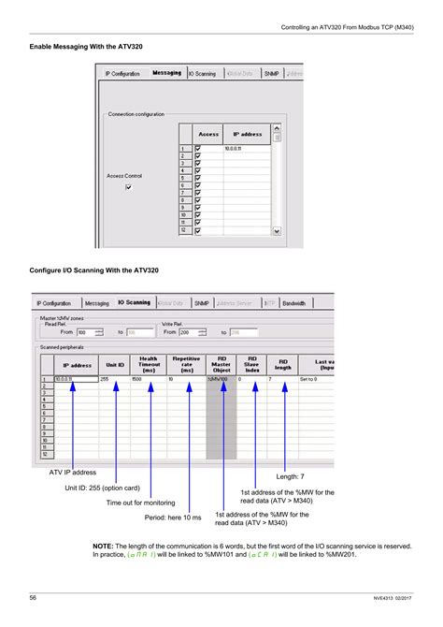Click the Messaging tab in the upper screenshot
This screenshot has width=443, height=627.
[x=166, y=72]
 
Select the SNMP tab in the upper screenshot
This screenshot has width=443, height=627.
[x=271, y=72]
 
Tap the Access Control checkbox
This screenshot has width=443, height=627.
[x=129, y=187]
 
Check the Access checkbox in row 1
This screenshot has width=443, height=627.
[x=198, y=148]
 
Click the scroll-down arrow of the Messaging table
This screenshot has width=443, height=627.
[x=277, y=229]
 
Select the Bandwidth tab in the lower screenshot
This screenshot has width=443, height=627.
[x=294, y=303]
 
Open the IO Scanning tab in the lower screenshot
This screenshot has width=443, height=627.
[x=134, y=303]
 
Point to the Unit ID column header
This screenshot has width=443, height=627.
[x=115, y=364]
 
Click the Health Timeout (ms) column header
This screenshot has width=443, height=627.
[x=149, y=364]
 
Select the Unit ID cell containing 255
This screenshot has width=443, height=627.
[x=106, y=379]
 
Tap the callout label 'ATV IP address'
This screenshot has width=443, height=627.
[x=73, y=473]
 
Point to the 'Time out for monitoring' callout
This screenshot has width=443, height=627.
[x=140, y=503]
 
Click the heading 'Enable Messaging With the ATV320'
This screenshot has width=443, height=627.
[x=86, y=46]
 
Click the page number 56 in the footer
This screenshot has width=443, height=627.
[x=33, y=597]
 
